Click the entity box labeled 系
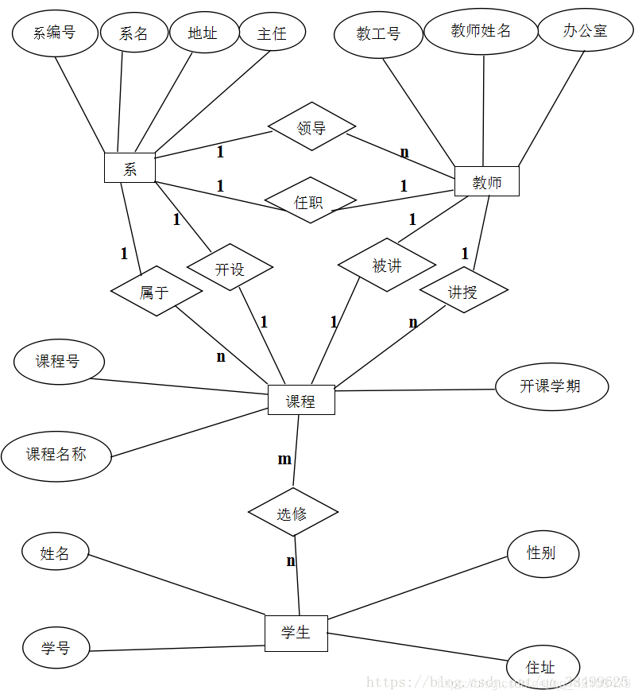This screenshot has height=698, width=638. coord(130,168)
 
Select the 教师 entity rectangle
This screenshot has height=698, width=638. coord(486,181)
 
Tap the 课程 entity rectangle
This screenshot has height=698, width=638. coord(301,400)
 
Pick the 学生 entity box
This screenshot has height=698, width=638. coord(296,633)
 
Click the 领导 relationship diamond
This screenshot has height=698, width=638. coord(311,127)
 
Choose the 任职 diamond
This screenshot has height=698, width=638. coord(310,201)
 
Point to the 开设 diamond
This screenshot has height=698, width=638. coord(230,269)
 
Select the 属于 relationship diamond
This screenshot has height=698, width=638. coord(156,292)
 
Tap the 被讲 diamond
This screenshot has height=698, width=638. coord(387,265)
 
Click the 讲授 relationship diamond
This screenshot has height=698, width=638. coord(463,291)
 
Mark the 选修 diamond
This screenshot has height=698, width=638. coord(293,513)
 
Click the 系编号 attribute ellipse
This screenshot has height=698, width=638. coord(55,33)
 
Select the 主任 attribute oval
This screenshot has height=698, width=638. coord(272,33)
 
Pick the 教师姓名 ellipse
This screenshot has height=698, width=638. coord(481,30)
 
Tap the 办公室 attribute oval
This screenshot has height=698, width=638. coord(585,30)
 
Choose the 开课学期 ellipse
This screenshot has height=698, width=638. coord(551,386)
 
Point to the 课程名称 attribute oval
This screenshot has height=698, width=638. coord(56,455)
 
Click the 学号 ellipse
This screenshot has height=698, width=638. coord(56,648)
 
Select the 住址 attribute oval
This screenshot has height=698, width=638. coord(542,667)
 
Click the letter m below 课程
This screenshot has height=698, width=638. coord(284,460)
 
